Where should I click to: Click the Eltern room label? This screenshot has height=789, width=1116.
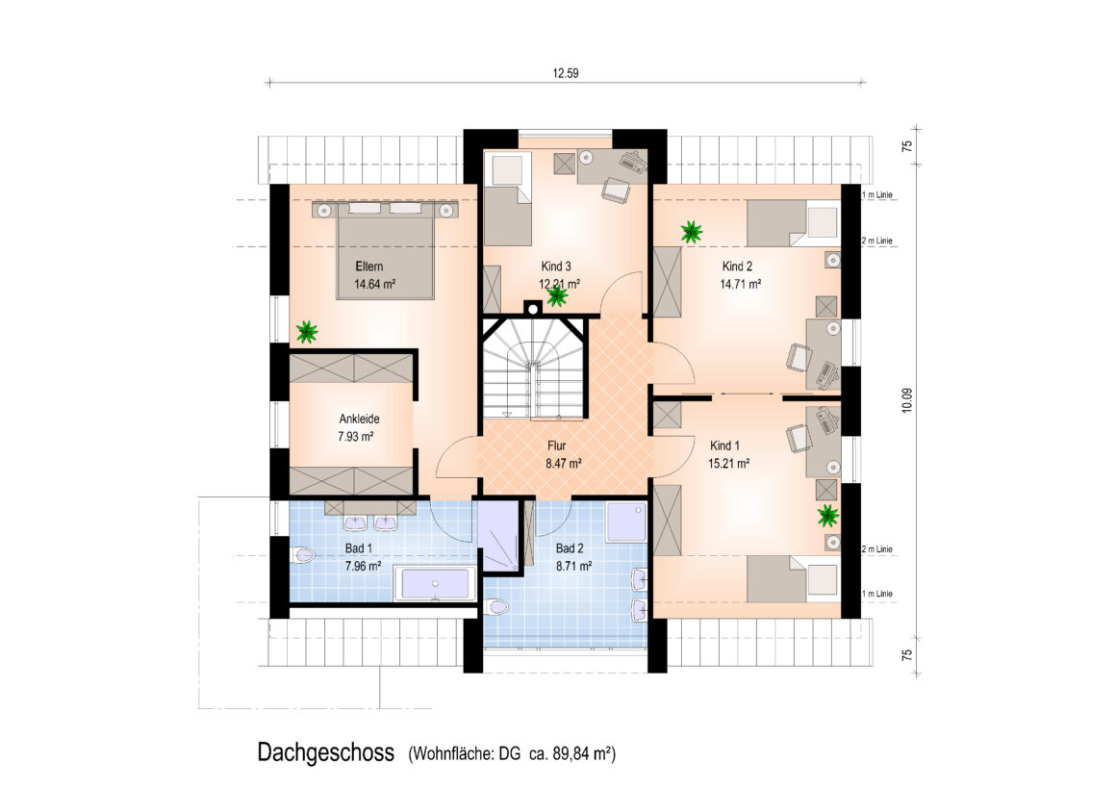(368, 267)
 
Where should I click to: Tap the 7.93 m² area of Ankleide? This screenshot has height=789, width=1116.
(356, 437)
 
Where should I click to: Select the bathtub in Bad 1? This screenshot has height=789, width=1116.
(436, 583)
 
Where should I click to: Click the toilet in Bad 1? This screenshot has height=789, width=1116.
(302, 555)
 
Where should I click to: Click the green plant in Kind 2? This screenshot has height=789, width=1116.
(691, 231)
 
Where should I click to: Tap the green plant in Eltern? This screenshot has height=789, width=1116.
(307, 331)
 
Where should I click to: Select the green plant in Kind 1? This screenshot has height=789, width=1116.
(827, 515)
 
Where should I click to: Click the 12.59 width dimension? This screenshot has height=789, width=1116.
(566, 72)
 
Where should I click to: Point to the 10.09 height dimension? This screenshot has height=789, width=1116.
(906, 400)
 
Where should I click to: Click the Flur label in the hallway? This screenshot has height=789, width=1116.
(557, 445)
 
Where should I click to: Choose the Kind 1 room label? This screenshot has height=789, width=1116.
(724, 445)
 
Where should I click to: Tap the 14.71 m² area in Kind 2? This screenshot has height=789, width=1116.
(740, 284)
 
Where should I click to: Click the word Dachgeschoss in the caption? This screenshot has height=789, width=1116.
(326, 752)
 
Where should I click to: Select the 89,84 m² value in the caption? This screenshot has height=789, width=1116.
(584, 753)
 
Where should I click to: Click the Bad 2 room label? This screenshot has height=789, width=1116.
(570, 548)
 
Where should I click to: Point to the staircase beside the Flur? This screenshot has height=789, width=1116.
(534, 369)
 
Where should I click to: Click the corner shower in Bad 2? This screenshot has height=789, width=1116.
(626, 522)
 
